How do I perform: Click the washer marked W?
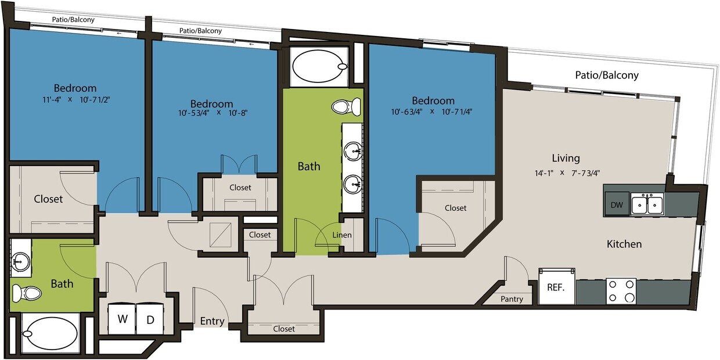(122, 319)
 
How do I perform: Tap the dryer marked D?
(149, 319)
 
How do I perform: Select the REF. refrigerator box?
(556, 286)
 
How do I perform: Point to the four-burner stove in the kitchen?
(621, 291)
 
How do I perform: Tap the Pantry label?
(512, 299)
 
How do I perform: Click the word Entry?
(212, 321)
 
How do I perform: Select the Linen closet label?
(342, 235)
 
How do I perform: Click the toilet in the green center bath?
(346, 106)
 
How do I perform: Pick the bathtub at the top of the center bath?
(320, 67)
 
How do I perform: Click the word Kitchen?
(624, 244)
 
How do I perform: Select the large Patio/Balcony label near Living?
(606, 75)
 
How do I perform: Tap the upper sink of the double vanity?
(352, 152)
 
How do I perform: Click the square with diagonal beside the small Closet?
(219, 235)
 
